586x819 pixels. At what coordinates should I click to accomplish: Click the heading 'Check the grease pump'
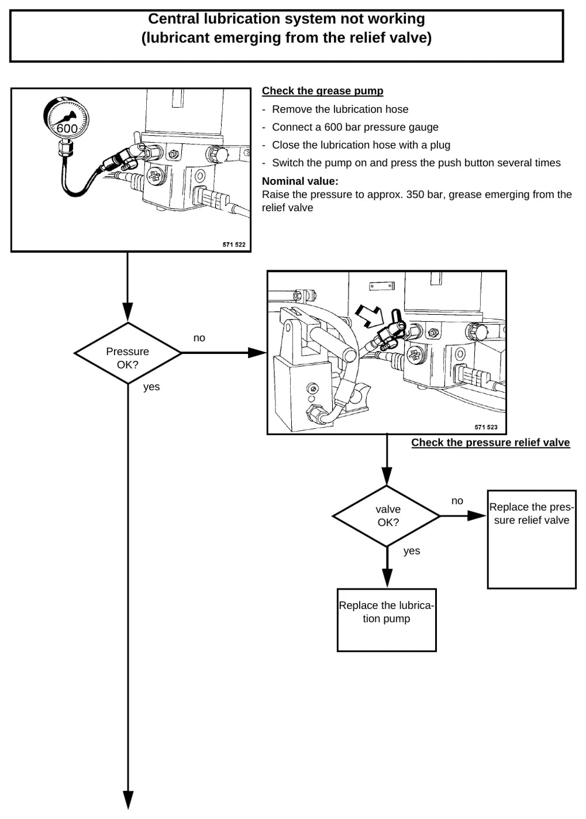click(322, 91)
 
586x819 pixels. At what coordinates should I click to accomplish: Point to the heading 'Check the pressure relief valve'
click(490, 442)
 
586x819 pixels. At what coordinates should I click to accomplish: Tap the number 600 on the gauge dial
click(67, 128)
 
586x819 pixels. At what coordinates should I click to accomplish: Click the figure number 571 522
click(234, 245)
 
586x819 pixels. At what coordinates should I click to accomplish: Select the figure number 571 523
click(486, 427)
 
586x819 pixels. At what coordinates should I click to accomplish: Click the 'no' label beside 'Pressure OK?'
click(199, 338)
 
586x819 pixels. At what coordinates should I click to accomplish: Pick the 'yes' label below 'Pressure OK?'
click(151, 387)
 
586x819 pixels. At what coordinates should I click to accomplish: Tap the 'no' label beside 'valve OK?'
click(457, 501)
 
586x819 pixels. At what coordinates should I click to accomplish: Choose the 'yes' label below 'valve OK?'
click(412, 551)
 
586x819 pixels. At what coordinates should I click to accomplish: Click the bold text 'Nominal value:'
click(300, 181)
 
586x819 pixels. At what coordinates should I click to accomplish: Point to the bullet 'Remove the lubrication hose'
click(340, 109)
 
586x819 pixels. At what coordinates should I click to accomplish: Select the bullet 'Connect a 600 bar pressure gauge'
click(355, 128)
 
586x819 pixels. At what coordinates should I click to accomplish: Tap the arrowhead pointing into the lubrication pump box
click(387, 578)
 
